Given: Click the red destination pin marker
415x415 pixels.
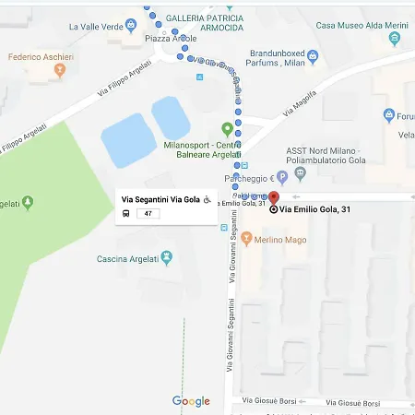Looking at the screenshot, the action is [x=273, y=198].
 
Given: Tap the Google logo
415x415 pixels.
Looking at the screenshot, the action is [x=191, y=401].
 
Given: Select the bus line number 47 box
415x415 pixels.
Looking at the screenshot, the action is [x=148, y=214].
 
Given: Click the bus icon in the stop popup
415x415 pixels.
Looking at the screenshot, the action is [x=125, y=214].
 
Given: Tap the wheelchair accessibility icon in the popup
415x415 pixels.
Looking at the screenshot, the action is [x=207, y=199].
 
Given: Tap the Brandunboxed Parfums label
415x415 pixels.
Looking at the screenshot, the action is [x=277, y=58].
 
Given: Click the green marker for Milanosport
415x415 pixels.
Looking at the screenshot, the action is [x=227, y=128].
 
